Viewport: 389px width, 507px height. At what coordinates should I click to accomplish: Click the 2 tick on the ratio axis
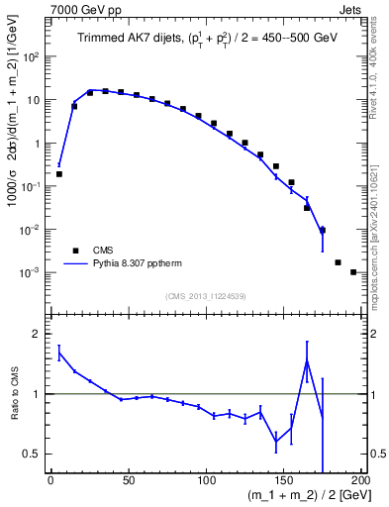(38, 334)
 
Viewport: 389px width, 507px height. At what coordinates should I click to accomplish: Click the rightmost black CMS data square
(353, 271)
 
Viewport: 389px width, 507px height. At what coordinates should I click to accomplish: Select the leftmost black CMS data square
(58, 174)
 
